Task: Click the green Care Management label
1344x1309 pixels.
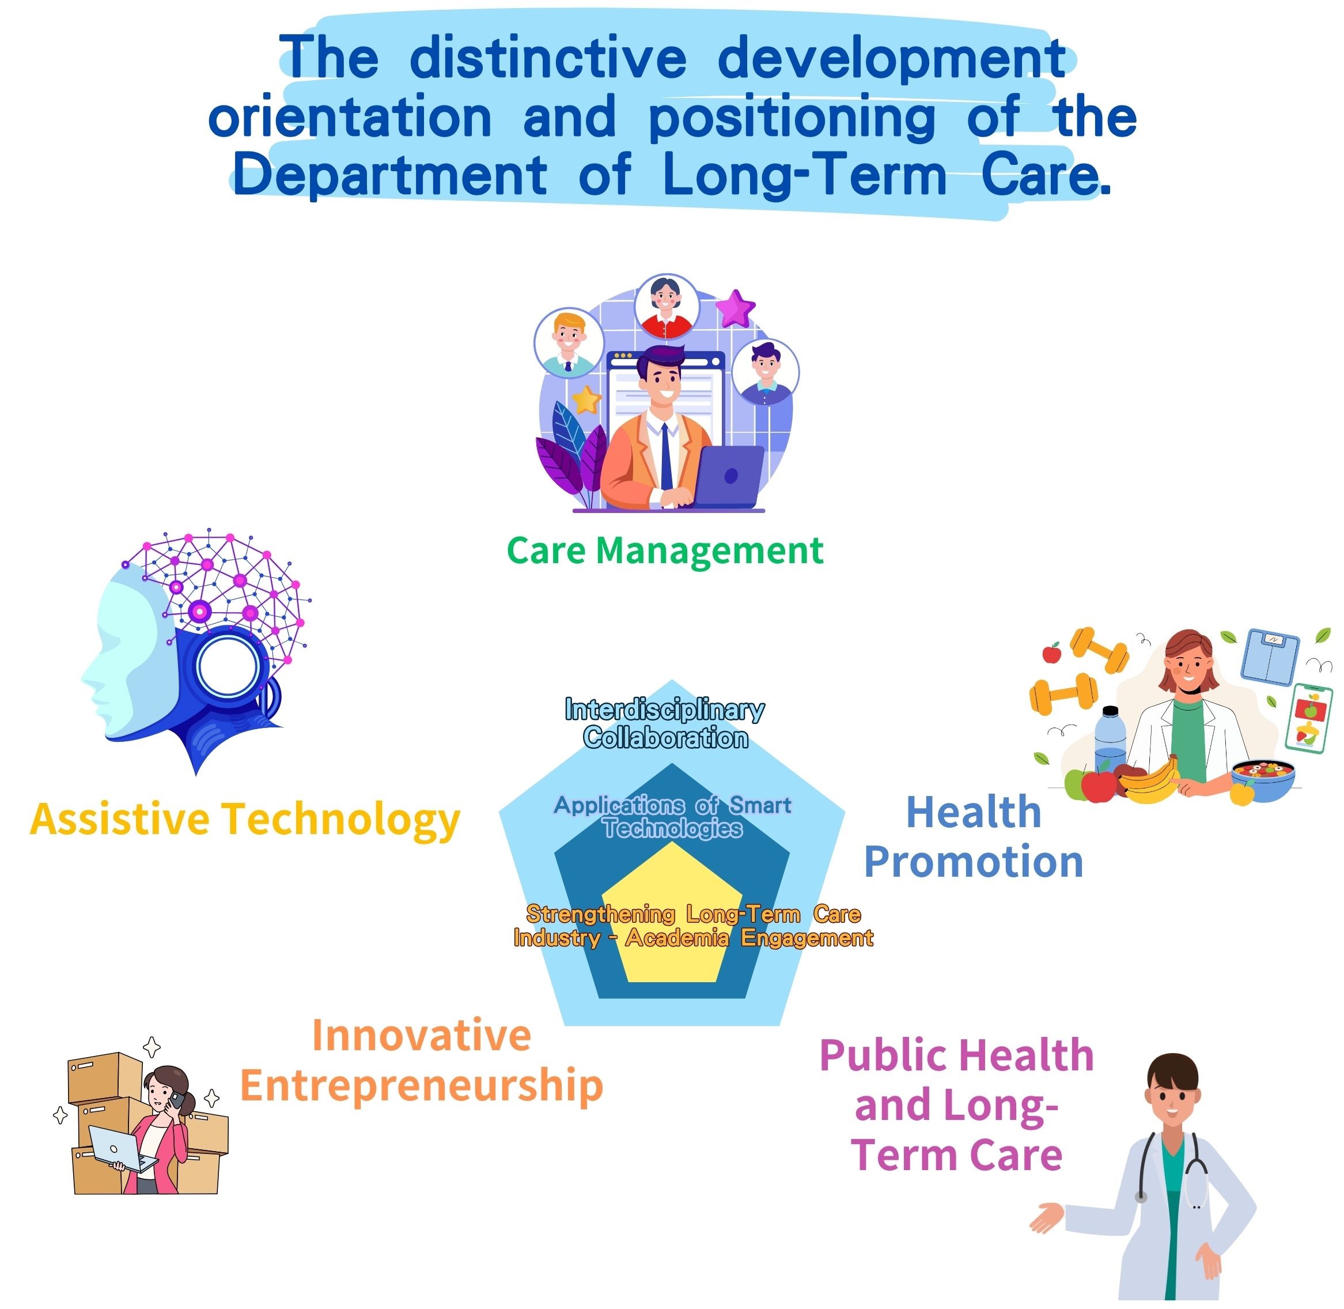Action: tap(664, 550)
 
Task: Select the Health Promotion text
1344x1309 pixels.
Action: tap(973, 837)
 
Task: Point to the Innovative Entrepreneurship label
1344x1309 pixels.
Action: tap(421, 1061)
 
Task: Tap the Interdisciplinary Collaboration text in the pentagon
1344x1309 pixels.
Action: tap(664, 723)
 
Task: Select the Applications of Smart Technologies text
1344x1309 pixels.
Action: tap(673, 816)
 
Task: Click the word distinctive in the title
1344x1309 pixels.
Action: tap(548, 58)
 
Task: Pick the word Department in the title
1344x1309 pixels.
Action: tap(389, 175)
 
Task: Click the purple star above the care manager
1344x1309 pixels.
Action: tap(735, 309)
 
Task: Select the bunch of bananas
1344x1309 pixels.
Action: tap(1149, 782)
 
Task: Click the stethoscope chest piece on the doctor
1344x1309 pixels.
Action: tap(1141, 1197)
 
